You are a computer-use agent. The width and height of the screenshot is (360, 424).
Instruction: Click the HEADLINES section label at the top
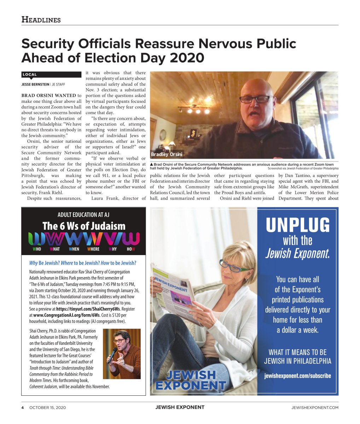point(41,19)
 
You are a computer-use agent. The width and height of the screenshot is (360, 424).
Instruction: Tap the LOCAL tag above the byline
point(30,75)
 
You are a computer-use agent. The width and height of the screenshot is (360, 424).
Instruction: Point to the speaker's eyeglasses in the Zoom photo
point(256,99)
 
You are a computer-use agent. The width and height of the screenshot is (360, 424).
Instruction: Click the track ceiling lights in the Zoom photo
point(193,109)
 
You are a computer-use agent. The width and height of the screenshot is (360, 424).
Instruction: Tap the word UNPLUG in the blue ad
point(297,225)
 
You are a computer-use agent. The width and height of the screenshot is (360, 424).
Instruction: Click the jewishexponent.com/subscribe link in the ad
point(297,376)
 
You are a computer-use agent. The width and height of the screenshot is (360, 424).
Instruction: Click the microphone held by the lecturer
point(112,355)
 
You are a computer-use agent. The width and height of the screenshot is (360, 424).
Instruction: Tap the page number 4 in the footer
point(23,407)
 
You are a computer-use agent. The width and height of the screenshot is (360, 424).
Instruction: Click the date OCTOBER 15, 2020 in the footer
point(47,407)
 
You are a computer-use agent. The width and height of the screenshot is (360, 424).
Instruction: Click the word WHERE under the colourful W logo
point(93,249)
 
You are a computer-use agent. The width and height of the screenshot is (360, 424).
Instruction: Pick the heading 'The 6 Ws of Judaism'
point(84,226)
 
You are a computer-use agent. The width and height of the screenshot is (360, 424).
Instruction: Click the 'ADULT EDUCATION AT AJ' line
point(84,214)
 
